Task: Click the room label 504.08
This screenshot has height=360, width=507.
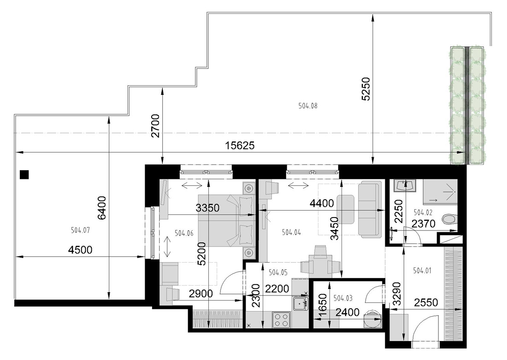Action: (308, 106)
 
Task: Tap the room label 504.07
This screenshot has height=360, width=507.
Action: (80, 230)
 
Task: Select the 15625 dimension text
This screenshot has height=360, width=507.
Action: (240, 146)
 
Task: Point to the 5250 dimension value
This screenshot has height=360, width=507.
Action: (366, 89)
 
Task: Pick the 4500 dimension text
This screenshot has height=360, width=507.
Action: (81, 250)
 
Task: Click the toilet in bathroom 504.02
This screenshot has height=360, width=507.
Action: (450, 219)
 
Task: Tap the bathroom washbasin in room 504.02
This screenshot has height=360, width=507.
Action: (405, 186)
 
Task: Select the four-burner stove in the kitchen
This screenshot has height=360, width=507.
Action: (281, 319)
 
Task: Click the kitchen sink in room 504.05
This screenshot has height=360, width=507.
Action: (301, 303)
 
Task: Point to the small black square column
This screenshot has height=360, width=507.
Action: (24, 174)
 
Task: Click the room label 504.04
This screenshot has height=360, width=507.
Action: (291, 232)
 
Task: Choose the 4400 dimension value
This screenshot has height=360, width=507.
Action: (322, 203)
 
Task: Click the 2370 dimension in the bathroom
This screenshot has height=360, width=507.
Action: (423, 224)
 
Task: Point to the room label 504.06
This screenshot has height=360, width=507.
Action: (184, 233)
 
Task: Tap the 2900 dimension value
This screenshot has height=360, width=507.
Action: (201, 294)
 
